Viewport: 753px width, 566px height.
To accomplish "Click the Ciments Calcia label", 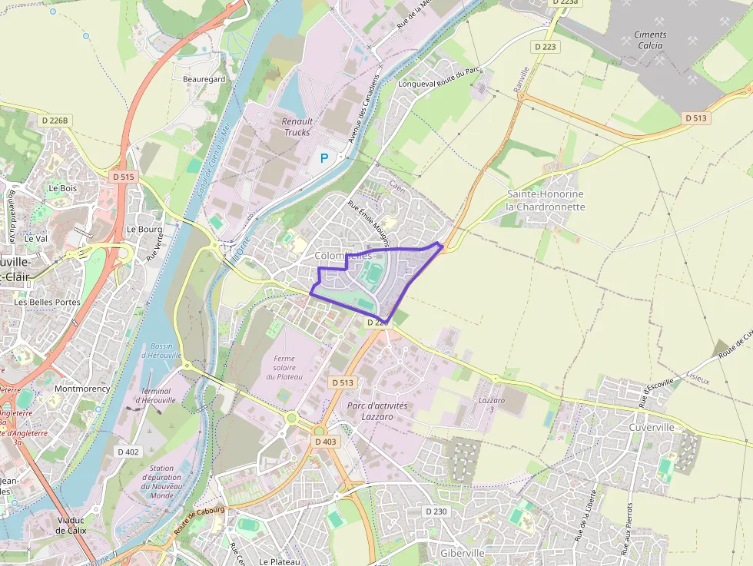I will pos(650,40).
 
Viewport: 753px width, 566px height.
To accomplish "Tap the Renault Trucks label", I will pos(297,127).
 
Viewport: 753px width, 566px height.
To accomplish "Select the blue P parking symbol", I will pos(323,158).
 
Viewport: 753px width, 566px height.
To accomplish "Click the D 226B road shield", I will pos(55,121).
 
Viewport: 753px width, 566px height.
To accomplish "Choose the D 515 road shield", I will pos(123,177).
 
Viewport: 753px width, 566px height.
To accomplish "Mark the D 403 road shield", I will pos(326,442).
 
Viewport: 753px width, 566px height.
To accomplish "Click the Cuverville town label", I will pos(651,427).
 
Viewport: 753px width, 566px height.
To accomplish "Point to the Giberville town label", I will pos(463,553).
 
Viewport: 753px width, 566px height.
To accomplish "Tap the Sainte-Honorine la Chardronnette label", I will pos(546,200).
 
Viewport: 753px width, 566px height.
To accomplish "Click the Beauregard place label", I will pos(204,79).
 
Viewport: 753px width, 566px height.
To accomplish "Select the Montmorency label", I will pos(82,389).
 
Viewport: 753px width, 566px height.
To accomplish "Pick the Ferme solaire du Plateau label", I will pos(284,368).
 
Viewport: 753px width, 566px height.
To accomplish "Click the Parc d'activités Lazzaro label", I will pos(376,410).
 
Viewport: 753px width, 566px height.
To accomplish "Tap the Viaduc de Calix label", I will pos(71,525).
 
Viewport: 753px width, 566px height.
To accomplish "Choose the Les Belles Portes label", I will pos(47,302).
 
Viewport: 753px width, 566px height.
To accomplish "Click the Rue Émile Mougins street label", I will pos(369,218).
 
